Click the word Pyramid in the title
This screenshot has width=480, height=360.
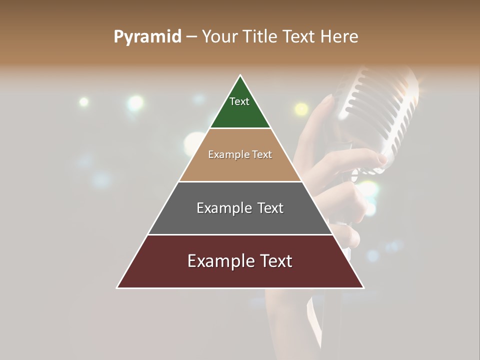coord(147,37)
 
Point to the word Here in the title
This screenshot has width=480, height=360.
coord(339,36)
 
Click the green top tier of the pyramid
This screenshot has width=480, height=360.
coord(240,112)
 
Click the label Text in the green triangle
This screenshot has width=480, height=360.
coord(239,101)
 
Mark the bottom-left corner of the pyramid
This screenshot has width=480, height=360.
coord(117,287)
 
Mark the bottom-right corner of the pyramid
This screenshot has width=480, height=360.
coord(363,287)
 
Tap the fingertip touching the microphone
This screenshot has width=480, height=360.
coord(382,159)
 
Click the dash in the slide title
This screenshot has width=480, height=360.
coord(191,37)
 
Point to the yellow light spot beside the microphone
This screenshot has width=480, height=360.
coord(301,108)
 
